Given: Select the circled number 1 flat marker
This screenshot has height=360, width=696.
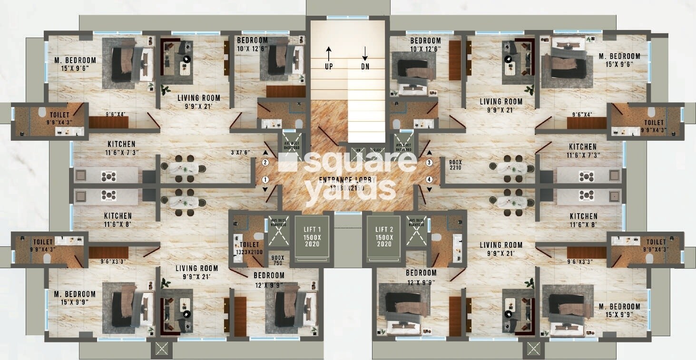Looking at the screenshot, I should click(265, 180).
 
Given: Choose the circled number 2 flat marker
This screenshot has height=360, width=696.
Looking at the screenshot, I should click(265, 162).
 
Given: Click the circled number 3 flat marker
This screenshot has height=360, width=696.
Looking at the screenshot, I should click(429, 162).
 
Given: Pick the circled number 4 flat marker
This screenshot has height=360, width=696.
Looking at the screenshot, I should click(429, 180).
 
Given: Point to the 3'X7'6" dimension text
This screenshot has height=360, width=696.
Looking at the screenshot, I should click(241, 153).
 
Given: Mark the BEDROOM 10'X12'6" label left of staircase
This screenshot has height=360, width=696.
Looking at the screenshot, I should click(253, 44).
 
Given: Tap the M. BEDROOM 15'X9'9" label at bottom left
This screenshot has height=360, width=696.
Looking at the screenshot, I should click(75, 298).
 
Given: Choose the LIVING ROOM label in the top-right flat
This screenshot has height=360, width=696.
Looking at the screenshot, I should click(500, 105).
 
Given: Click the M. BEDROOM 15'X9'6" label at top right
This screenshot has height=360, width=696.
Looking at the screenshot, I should click(619, 60).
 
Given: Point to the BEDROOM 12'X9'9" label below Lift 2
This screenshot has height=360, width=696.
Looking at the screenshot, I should click(421, 277).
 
